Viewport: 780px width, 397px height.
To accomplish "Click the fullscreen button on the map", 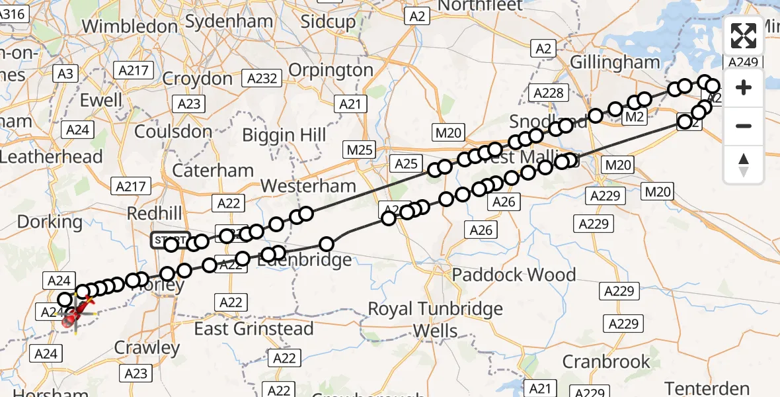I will coord(744,36).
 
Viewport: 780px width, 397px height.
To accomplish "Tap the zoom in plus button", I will coord(744,87).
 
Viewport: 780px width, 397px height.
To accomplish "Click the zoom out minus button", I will coord(744,126).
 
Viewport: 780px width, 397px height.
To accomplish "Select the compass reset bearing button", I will coord(744,164).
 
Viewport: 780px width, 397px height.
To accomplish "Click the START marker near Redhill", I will coord(170,240).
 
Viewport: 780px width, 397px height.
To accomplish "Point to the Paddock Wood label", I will coord(514,275).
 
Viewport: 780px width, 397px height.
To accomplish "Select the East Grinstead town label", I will coord(253,329).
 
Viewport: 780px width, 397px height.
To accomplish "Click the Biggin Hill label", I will coord(284,135).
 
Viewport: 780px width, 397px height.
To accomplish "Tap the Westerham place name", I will coord(309,186).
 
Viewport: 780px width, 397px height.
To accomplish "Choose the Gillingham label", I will coord(615,63).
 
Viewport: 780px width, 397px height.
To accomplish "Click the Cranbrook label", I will coord(606,362).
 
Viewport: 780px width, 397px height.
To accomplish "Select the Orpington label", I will coord(331,69).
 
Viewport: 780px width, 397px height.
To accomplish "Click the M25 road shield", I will coord(360,150).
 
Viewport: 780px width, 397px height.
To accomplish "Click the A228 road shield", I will coord(547,93).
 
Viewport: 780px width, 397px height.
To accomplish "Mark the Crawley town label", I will coord(147,348).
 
